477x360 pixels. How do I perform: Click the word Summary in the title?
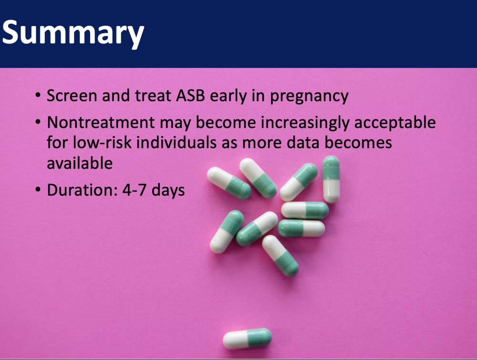(x=73, y=33)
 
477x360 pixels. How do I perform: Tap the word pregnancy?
(x=309, y=97)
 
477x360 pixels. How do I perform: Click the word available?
(x=80, y=163)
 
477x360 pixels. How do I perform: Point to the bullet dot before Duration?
(x=38, y=190)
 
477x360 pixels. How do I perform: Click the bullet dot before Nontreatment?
(x=38, y=122)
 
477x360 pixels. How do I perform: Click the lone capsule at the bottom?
(x=247, y=338)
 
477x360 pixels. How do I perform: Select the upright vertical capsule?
(x=331, y=180)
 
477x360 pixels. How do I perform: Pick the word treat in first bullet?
(x=153, y=95)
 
